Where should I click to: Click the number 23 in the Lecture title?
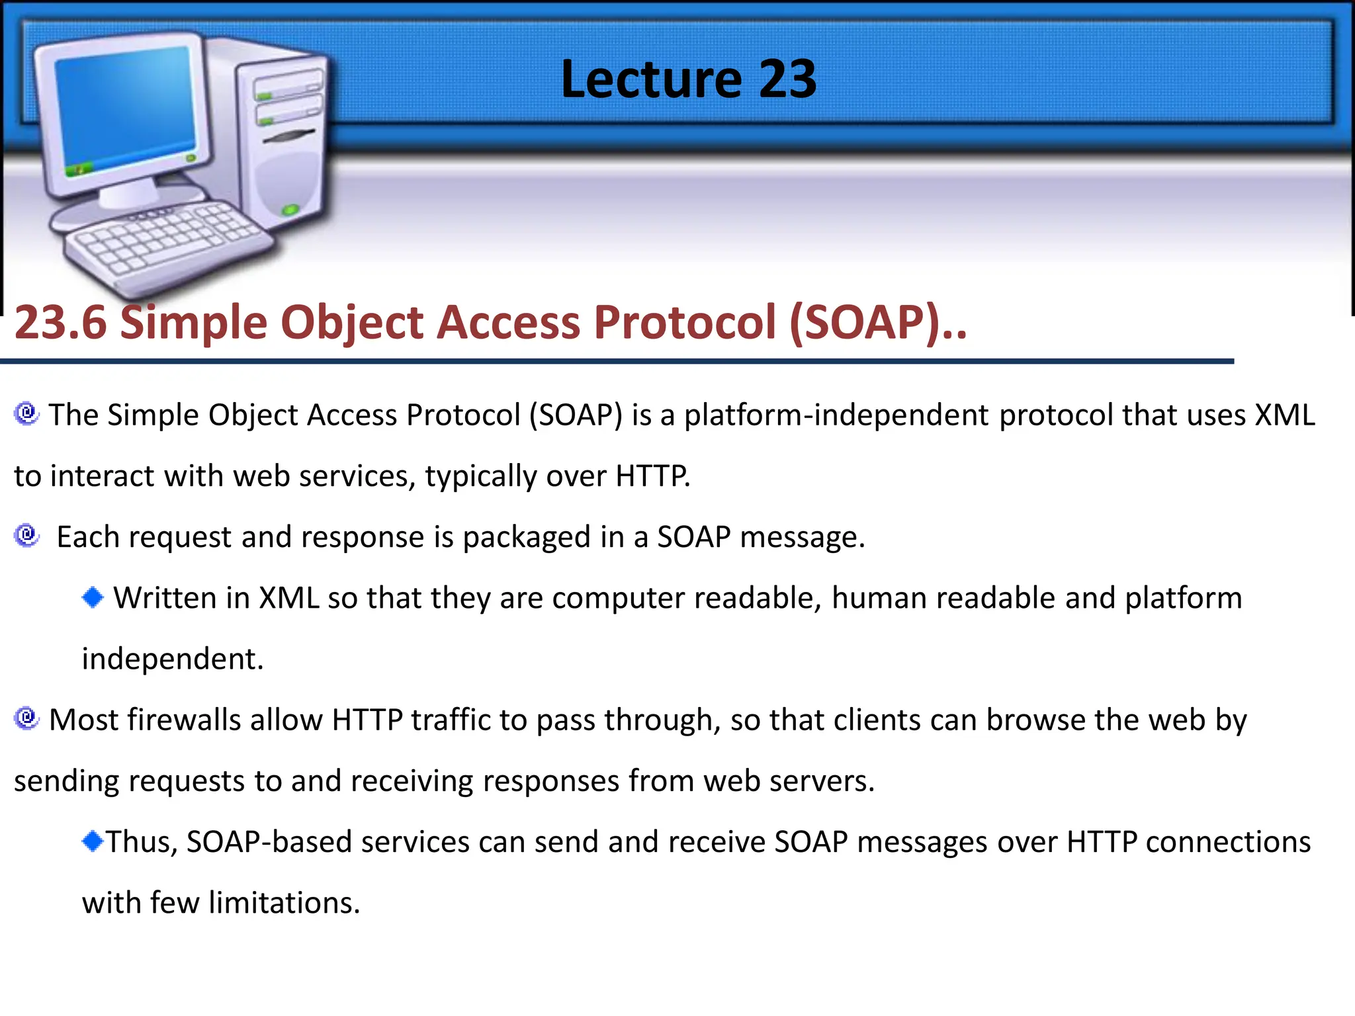[x=787, y=79]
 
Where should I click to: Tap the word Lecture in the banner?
[x=651, y=79]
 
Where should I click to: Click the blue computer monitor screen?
[x=126, y=109]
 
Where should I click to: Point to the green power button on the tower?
[x=290, y=210]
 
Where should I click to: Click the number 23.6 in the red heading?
[x=60, y=323]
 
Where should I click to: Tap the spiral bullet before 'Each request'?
[x=26, y=535]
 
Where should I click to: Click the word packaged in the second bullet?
[x=527, y=537]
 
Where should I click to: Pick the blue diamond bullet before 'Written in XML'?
[x=93, y=597]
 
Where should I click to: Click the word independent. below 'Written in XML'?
[x=173, y=659]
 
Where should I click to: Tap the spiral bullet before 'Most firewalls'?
[x=26, y=718]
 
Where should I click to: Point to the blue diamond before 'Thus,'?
[x=93, y=841]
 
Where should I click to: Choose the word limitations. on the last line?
[x=284, y=903]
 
